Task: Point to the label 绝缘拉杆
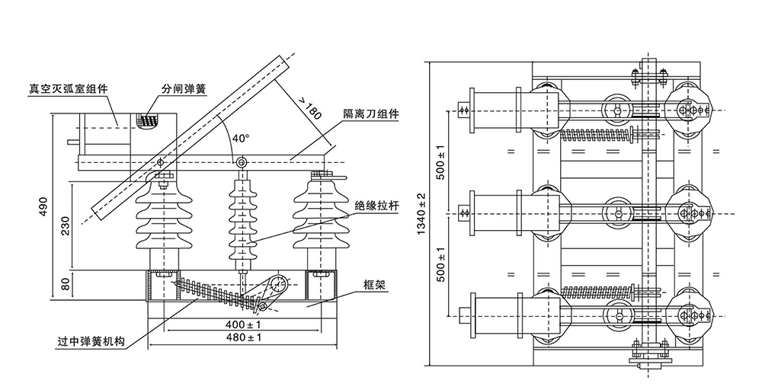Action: click(372, 206)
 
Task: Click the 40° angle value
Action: click(240, 139)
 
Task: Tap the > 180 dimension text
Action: click(309, 111)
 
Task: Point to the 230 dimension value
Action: click(66, 226)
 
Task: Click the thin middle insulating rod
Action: click(242, 221)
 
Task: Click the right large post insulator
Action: click(319, 217)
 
